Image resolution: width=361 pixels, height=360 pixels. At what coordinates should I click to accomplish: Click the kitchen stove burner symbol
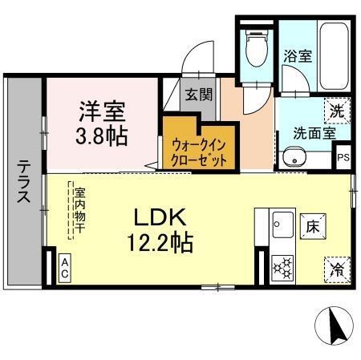click(x=282, y=268)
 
